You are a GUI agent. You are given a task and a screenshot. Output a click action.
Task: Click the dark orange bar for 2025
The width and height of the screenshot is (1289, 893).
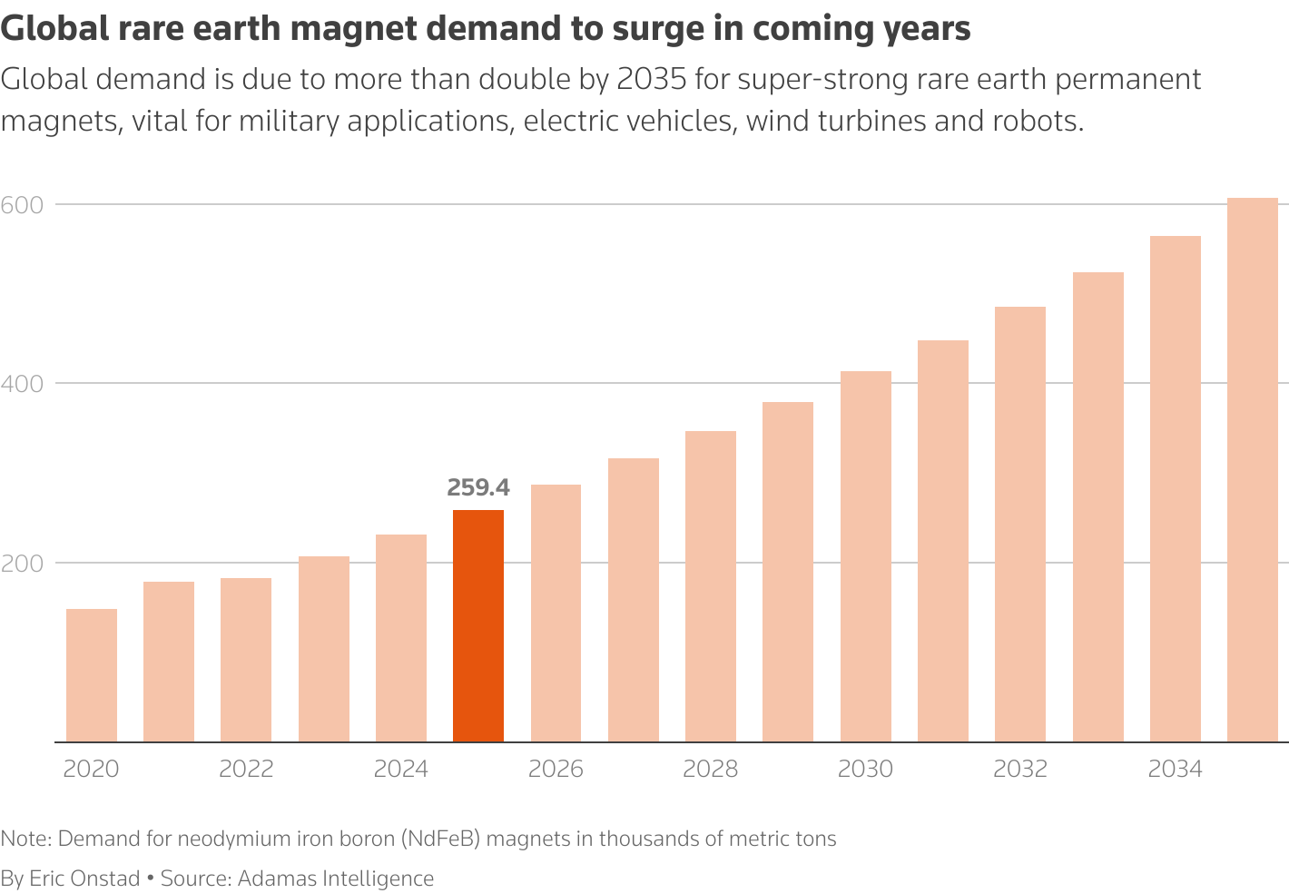(x=477, y=626)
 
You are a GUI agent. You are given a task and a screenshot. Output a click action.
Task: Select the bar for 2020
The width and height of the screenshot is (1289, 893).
(x=92, y=675)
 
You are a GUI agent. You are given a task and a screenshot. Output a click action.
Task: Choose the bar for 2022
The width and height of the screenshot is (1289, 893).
(x=246, y=660)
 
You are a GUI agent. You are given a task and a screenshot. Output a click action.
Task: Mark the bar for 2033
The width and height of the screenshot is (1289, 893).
(x=1097, y=507)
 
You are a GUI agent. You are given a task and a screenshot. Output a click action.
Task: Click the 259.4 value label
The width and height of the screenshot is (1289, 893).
(x=478, y=488)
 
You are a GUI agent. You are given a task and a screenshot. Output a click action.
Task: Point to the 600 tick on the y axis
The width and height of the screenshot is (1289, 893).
(x=23, y=204)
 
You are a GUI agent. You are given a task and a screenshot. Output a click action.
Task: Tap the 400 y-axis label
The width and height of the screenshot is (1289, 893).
(x=23, y=384)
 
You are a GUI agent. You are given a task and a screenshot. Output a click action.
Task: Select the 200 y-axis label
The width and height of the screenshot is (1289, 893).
(x=23, y=563)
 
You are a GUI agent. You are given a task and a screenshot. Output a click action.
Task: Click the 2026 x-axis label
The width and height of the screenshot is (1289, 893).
(x=556, y=770)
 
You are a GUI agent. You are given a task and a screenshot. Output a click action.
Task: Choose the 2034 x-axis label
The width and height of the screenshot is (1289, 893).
(x=1175, y=770)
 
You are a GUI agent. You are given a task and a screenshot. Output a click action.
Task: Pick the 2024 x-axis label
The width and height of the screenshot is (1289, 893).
(x=400, y=770)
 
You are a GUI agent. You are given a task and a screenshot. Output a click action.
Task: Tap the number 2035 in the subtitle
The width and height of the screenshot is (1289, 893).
(x=651, y=80)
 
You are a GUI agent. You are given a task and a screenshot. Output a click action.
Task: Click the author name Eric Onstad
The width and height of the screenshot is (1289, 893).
(x=84, y=878)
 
